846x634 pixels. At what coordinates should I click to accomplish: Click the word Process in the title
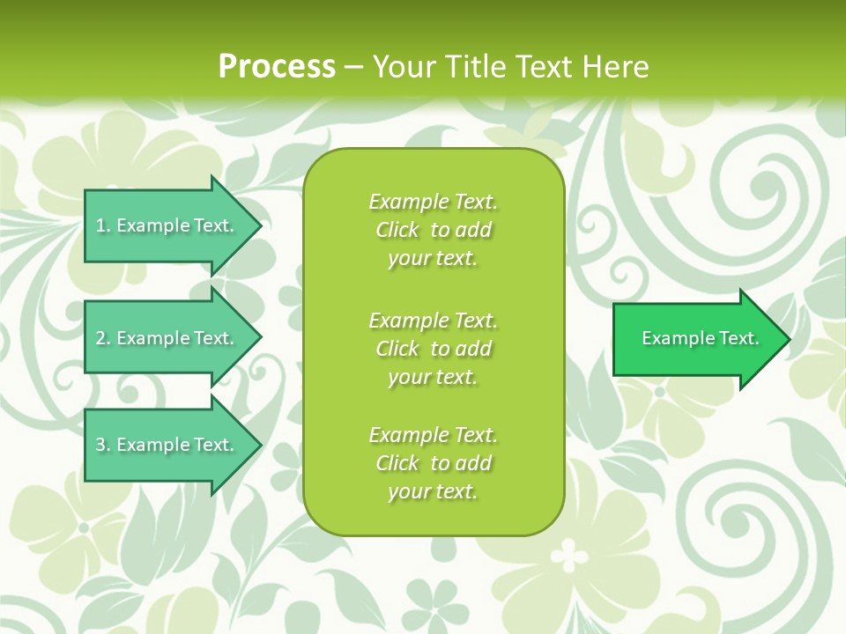pyautogui.click(x=277, y=67)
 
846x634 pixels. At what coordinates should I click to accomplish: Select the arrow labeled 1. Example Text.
pyautogui.click(x=167, y=225)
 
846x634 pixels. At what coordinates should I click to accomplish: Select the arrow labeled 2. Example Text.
pyautogui.click(x=167, y=338)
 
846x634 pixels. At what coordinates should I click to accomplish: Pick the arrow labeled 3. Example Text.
pyautogui.click(x=167, y=445)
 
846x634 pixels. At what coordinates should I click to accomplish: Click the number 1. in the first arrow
pyautogui.click(x=103, y=225)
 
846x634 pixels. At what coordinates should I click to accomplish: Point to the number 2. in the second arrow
pyautogui.click(x=103, y=338)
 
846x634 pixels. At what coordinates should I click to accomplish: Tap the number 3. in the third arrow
pyautogui.click(x=103, y=445)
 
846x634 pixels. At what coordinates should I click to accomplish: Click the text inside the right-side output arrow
pyautogui.click(x=700, y=338)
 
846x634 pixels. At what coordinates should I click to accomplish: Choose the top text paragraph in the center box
pyautogui.click(x=433, y=230)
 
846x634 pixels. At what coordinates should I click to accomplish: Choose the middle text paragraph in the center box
pyautogui.click(x=433, y=349)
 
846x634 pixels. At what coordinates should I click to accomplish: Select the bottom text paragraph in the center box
pyautogui.click(x=433, y=463)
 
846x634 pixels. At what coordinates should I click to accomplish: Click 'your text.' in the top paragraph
pyautogui.click(x=433, y=259)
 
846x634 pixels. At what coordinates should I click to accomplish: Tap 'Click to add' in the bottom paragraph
pyautogui.click(x=433, y=463)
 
